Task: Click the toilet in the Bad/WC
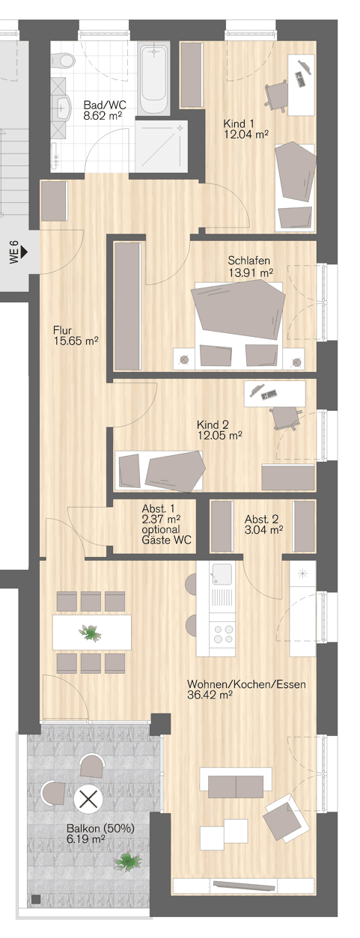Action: coord(64,61)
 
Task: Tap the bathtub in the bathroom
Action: coord(153,77)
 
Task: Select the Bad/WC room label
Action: coord(105,105)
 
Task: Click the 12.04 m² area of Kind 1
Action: coord(245,134)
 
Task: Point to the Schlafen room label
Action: coord(248,261)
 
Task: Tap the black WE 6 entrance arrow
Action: coord(24,252)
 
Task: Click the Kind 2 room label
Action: coord(213,425)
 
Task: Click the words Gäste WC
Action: coord(167,540)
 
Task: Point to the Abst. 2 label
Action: coord(262,520)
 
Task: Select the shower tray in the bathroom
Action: coord(161,145)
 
